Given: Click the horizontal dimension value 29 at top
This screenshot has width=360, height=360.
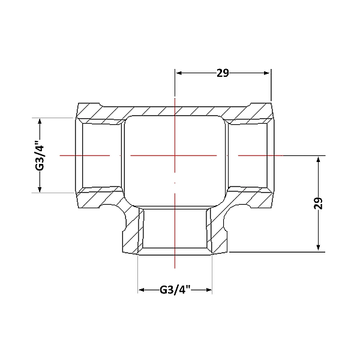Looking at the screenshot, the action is tap(223, 73).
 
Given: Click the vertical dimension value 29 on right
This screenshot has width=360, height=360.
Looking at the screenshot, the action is tap(318, 203).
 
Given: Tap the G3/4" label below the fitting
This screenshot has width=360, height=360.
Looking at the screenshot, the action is tap(175, 290).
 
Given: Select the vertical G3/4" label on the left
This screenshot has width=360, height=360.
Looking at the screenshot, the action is tap(40, 155).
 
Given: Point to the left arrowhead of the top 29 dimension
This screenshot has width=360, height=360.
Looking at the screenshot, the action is tap(179, 73).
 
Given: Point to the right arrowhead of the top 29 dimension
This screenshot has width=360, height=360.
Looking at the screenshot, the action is tap(267, 73).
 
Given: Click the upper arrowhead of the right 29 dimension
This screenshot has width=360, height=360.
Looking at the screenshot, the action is tap(318, 160).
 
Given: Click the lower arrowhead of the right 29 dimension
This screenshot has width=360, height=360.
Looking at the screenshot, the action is tap(318, 247).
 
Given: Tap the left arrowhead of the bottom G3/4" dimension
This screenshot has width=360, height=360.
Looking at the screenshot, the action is tap(142, 290).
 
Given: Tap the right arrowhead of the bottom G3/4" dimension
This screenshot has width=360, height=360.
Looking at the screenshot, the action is tap(209, 290).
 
